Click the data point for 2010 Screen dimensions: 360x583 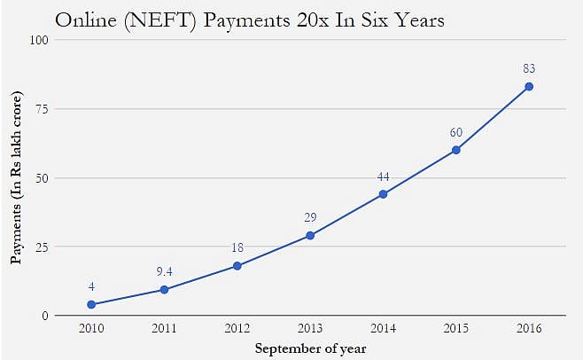click(x=91, y=304)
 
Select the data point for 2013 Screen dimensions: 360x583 click(x=310, y=235)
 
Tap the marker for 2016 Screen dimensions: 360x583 click(x=529, y=86)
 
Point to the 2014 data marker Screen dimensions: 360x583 click(x=383, y=194)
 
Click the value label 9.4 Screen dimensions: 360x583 click(x=164, y=272)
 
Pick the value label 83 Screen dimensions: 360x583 click(x=529, y=68)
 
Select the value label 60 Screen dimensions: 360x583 click(x=455, y=132)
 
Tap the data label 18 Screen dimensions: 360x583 click(x=237, y=248)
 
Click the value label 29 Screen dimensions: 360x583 click(x=310, y=217)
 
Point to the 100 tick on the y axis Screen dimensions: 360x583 click(x=38, y=40)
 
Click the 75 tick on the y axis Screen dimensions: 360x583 click(x=41, y=109)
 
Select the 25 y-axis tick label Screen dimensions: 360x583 click(x=41, y=247)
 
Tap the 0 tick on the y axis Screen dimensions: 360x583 click(x=44, y=316)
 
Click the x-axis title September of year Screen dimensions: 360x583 click(x=310, y=348)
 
